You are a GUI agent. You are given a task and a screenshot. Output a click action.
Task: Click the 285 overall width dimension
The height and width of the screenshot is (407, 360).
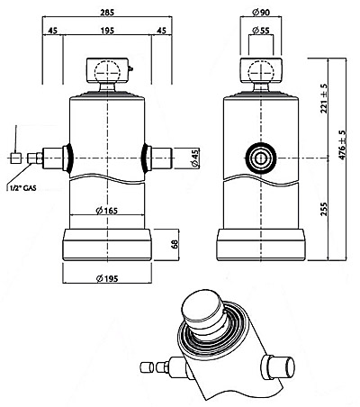[x=107, y=12]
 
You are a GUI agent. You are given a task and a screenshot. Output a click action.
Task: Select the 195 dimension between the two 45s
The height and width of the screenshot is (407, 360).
[x=107, y=31]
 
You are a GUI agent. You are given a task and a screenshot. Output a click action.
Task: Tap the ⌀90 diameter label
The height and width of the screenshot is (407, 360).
[x=261, y=12]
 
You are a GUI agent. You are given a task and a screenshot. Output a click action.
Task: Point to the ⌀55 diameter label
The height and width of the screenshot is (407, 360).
[x=261, y=30]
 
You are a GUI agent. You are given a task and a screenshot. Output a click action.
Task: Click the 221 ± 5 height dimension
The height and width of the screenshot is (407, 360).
[x=324, y=98]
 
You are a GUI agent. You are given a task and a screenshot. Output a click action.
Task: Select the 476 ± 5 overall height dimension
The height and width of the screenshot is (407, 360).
[x=342, y=145]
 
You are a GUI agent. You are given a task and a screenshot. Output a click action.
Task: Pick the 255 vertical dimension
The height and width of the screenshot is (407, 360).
[x=324, y=209]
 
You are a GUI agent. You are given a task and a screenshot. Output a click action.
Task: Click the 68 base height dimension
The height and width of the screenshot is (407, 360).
[x=175, y=244]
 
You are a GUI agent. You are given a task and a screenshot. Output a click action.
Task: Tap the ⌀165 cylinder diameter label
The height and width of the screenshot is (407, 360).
[x=107, y=211]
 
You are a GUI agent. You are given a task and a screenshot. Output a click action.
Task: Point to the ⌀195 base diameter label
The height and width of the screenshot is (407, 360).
[x=107, y=278]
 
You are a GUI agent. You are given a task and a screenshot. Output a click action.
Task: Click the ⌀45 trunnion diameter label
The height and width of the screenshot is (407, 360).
[x=194, y=158]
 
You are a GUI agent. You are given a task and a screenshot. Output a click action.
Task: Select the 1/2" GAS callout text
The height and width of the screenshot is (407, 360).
[x=22, y=188]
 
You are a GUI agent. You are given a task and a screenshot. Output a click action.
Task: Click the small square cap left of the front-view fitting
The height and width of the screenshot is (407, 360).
[x=15, y=158]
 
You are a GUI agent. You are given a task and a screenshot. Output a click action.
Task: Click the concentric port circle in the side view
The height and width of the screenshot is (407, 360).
[x=261, y=158]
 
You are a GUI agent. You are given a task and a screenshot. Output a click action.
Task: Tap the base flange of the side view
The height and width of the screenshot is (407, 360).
[x=261, y=245]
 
